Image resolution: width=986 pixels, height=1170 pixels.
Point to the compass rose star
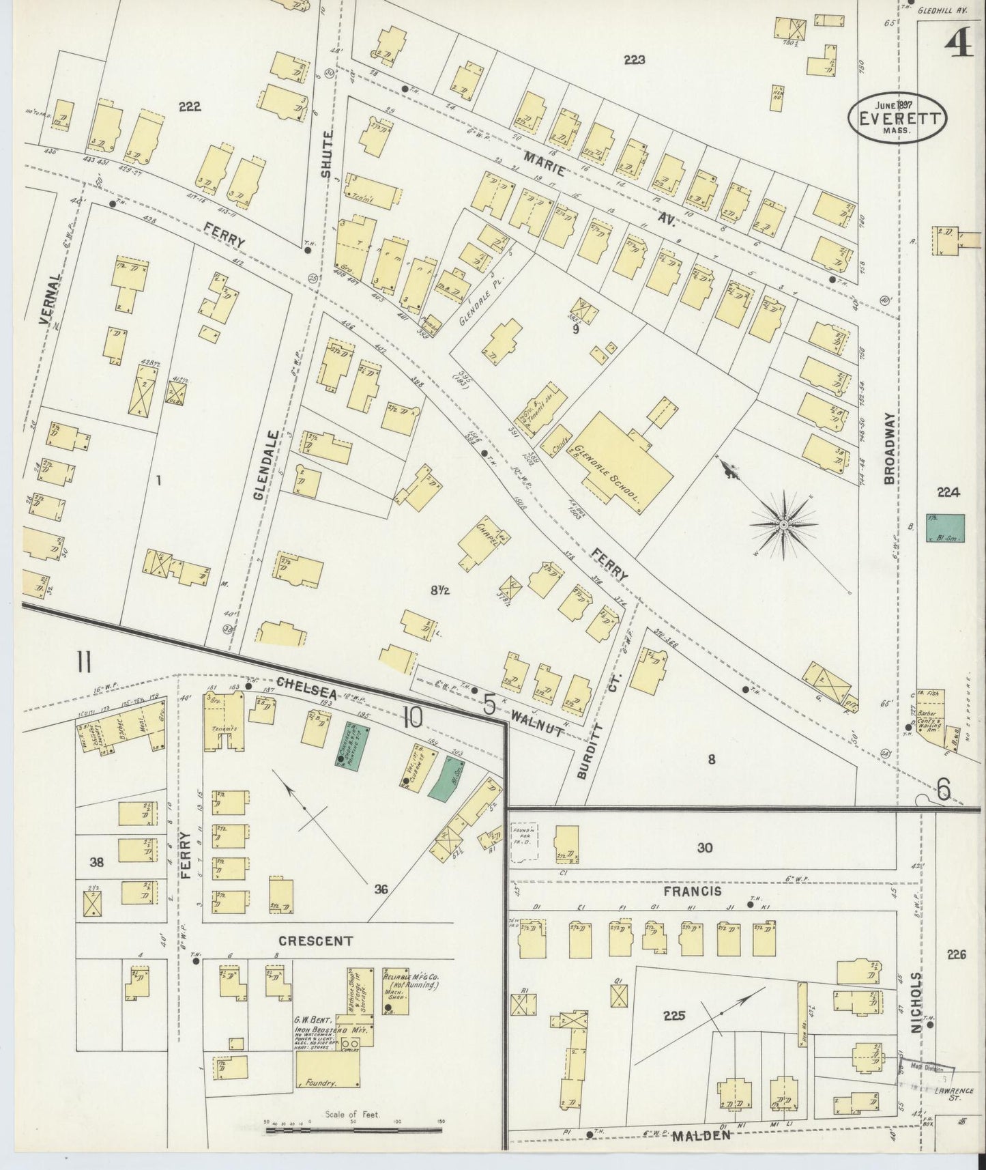click(784, 524)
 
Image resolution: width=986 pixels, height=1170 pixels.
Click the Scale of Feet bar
click(354, 1130)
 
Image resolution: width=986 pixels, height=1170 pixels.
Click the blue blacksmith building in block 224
click(945, 528)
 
